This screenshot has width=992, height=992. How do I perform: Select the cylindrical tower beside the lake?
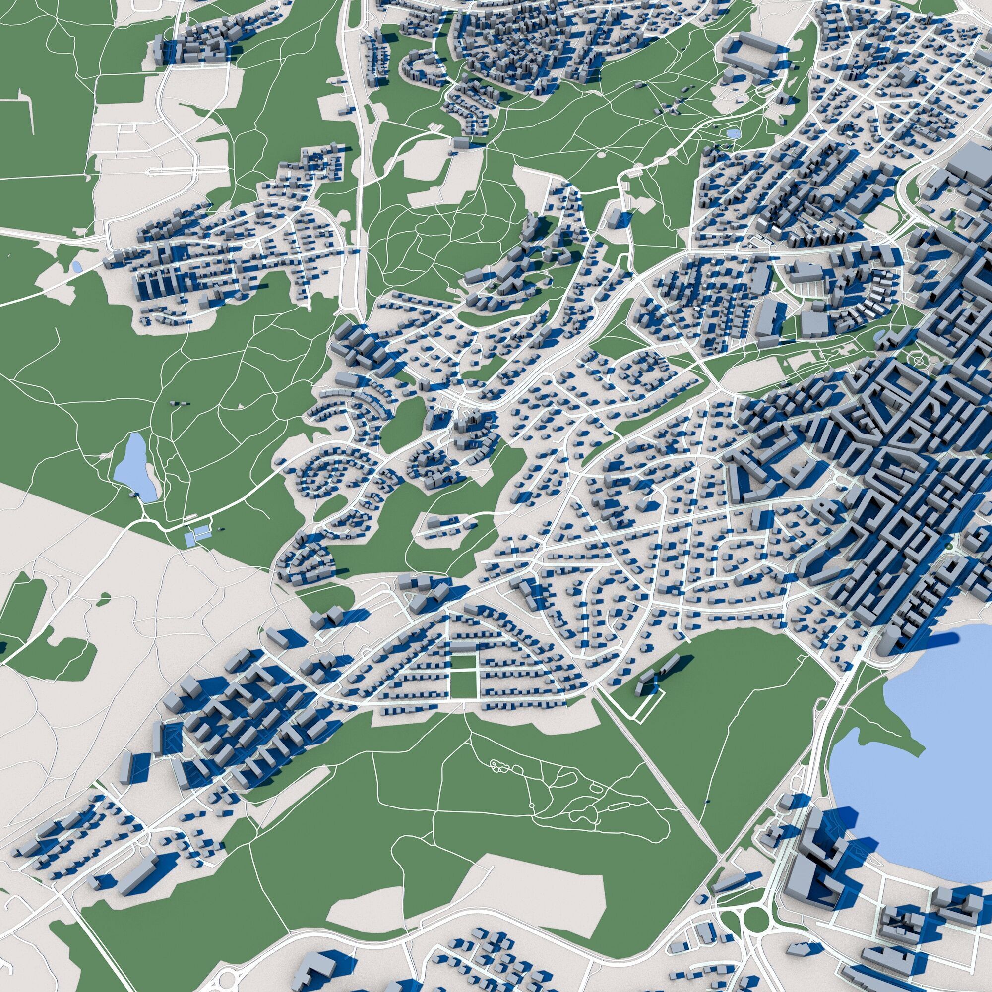tap(886, 639)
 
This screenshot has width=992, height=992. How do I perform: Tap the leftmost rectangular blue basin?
tap(190, 538)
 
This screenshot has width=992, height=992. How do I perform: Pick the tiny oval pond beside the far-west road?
tap(76, 266)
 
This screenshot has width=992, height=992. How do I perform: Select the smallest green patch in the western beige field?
tap(105, 597)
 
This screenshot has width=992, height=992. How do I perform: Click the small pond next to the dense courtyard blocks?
tap(879, 336)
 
